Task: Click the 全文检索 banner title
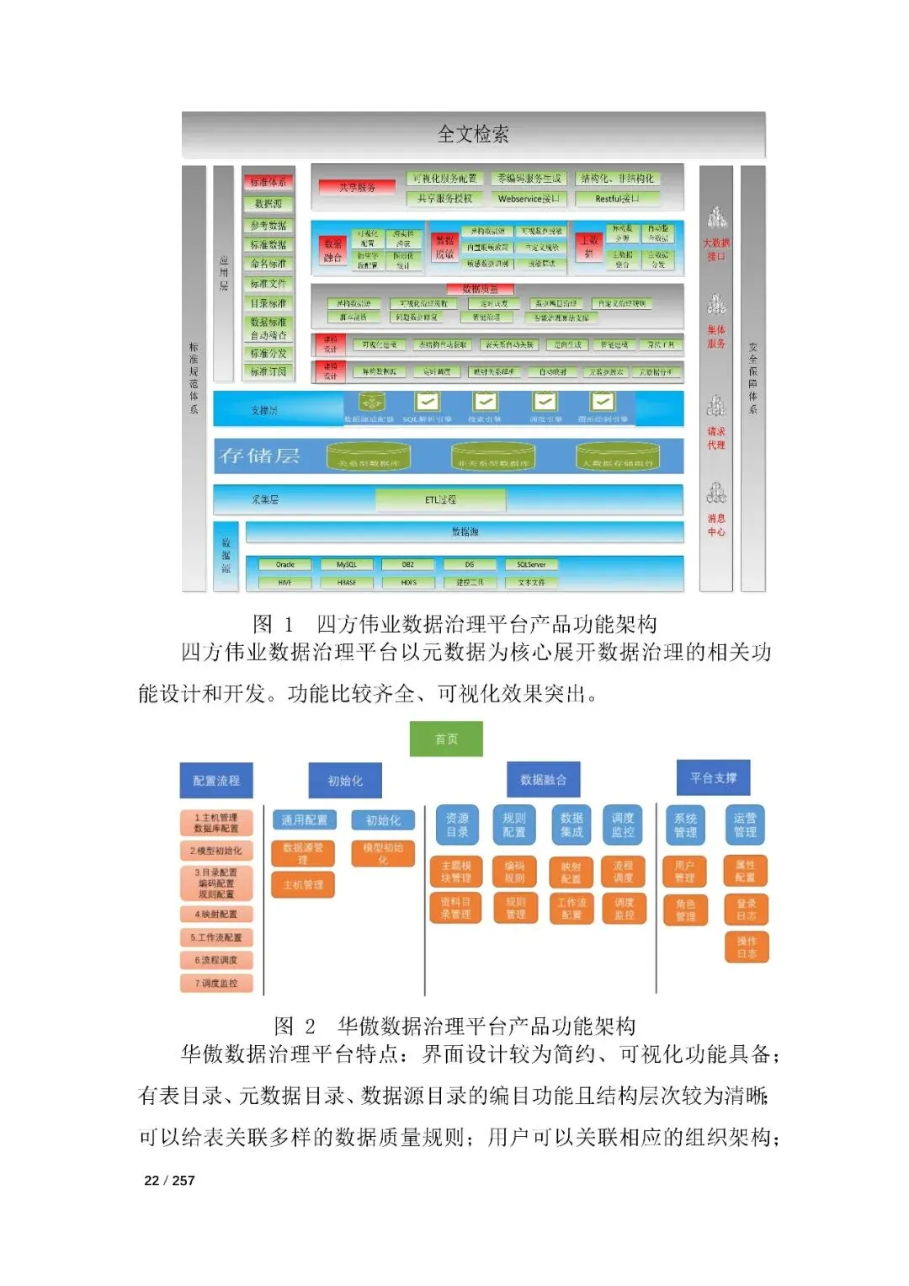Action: pyautogui.click(x=473, y=134)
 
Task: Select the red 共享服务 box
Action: pyautogui.click(x=357, y=187)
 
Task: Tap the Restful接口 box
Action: pyautogui.click(x=617, y=199)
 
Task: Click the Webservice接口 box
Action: pyautogui.click(x=529, y=199)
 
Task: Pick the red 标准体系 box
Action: pyautogui.click(x=268, y=182)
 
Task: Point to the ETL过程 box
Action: pyautogui.click(x=440, y=499)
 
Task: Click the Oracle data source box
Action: pyautogui.click(x=285, y=564)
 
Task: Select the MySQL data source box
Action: pyautogui.click(x=347, y=564)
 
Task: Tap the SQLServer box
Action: pyautogui.click(x=531, y=564)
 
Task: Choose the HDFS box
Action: pyautogui.click(x=408, y=582)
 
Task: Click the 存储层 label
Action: pyautogui.click(x=259, y=456)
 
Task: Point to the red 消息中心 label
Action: pyautogui.click(x=716, y=525)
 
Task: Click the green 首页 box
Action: pyautogui.click(x=446, y=739)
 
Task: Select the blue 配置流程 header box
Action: pyautogui.click(x=216, y=781)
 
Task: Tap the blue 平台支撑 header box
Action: pyautogui.click(x=713, y=777)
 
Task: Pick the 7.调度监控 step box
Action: pyautogui.click(x=216, y=983)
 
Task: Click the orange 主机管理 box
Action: pyautogui.click(x=303, y=884)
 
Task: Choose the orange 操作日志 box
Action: pyautogui.click(x=747, y=947)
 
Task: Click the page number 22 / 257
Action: pyautogui.click(x=169, y=1180)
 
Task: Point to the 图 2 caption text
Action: pyautogui.click(x=454, y=1026)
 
